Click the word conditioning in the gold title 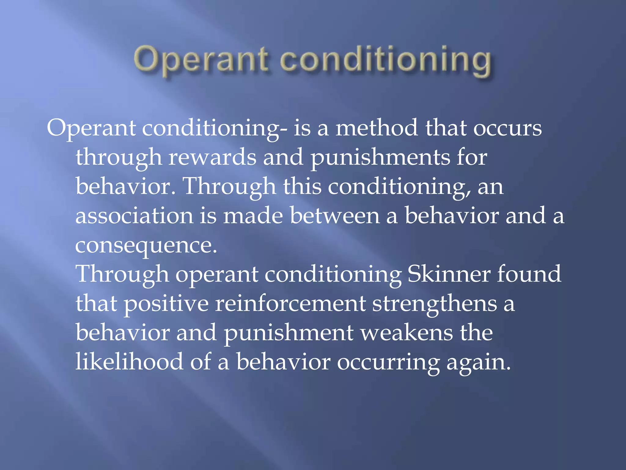386,60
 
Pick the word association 134,216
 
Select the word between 335,216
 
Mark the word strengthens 434,304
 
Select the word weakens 407,333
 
